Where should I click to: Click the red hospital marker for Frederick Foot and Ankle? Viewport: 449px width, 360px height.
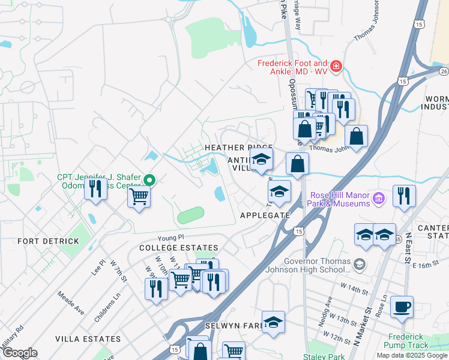(x=336, y=65)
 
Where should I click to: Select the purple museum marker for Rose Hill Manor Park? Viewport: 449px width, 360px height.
(x=378, y=197)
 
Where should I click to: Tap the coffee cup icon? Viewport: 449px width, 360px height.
(x=402, y=307)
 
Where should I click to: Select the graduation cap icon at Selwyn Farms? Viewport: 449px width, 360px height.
(x=273, y=322)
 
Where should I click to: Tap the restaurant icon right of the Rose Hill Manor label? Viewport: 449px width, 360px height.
(x=404, y=195)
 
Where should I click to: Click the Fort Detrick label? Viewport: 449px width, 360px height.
(x=49, y=241)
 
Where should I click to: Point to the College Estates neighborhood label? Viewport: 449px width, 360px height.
(x=178, y=248)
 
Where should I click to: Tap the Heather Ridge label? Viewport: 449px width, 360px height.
(x=238, y=148)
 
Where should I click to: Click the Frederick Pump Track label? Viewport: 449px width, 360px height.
(x=408, y=341)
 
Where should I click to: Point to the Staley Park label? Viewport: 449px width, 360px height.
(x=324, y=357)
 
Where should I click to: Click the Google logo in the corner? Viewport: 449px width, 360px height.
(x=20, y=353)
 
